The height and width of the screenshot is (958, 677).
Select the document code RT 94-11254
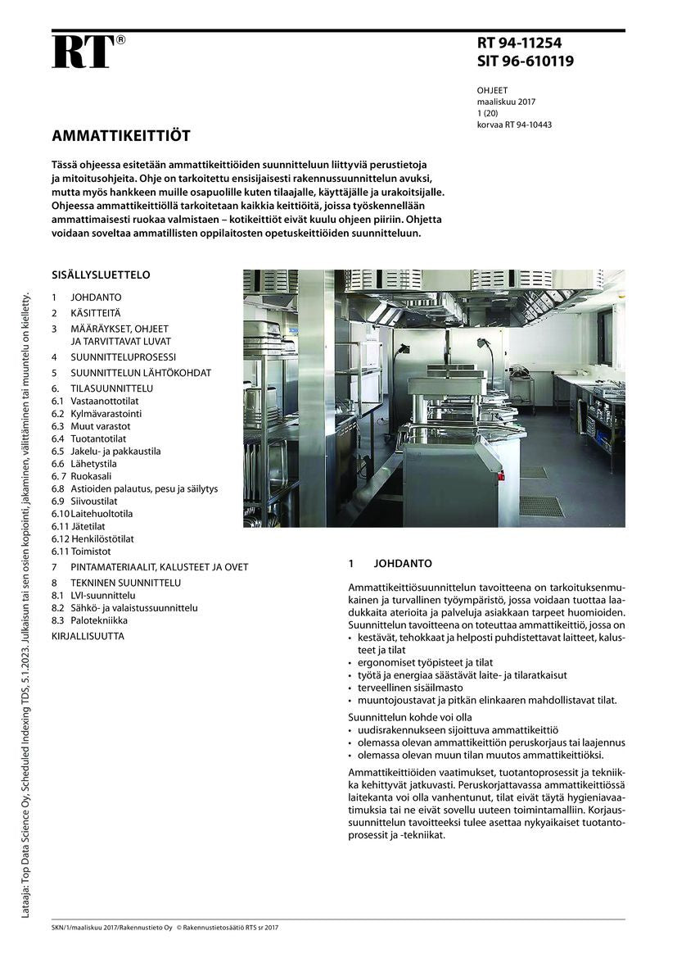pos(519,44)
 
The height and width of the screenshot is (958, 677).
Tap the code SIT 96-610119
pos(525,61)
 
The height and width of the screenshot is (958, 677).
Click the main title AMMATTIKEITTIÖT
pos(120,135)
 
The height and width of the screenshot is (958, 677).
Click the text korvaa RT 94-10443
pos(514,125)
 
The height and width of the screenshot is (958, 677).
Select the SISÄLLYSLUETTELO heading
pos(101,275)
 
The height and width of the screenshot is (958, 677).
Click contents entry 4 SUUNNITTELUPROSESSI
pos(123,357)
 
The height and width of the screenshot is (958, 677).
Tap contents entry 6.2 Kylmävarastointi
pos(101,414)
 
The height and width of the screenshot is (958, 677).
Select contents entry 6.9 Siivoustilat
pos(94,501)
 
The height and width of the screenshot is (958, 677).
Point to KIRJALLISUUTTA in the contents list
pos(88,635)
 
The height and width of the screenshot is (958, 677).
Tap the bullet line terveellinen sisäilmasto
pos(410,688)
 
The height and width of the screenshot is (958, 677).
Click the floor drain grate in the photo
pos(541,506)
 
